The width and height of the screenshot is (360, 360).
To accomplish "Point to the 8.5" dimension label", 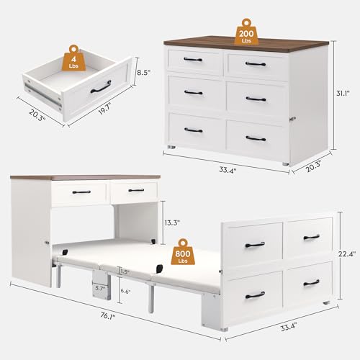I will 144,72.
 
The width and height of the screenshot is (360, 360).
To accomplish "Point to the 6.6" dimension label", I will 125,290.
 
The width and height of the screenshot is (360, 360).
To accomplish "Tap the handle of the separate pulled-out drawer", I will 100,86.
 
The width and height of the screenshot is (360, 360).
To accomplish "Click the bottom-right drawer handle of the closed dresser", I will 256,138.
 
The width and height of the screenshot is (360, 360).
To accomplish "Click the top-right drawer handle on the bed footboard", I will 311,236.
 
